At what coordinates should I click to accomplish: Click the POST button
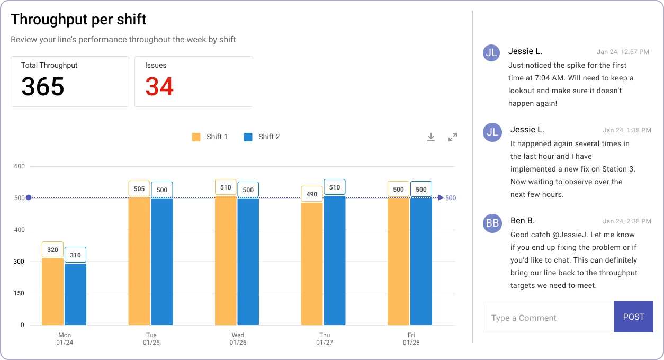click(x=633, y=317)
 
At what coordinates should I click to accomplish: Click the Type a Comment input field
click(x=548, y=318)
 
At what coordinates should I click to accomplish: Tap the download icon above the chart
click(x=431, y=137)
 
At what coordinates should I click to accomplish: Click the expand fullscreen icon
click(x=453, y=137)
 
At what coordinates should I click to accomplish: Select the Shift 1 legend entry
click(x=210, y=137)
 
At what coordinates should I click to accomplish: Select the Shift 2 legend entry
click(x=262, y=137)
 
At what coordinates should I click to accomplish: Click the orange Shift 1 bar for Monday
click(x=52, y=292)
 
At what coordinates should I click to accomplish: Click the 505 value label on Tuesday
click(x=139, y=189)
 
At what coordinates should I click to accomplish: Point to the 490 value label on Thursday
click(x=312, y=194)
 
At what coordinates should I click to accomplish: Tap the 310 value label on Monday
click(x=75, y=255)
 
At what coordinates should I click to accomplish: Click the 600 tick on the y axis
click(x=19, y=166)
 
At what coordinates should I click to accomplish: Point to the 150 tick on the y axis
click(x=19, y=294)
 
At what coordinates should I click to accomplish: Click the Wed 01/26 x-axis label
click(x=238, y=339)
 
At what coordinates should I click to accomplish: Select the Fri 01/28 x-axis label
click(x=411, y=339)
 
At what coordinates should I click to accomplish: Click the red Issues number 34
click(x=159, y=87)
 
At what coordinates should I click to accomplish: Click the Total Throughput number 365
click(x=43, y=87)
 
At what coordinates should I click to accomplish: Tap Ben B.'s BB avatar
click(x=492, y=223)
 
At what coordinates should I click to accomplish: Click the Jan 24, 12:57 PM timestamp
click(x=623, y=52)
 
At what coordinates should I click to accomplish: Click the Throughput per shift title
click(x=78, y=20)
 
